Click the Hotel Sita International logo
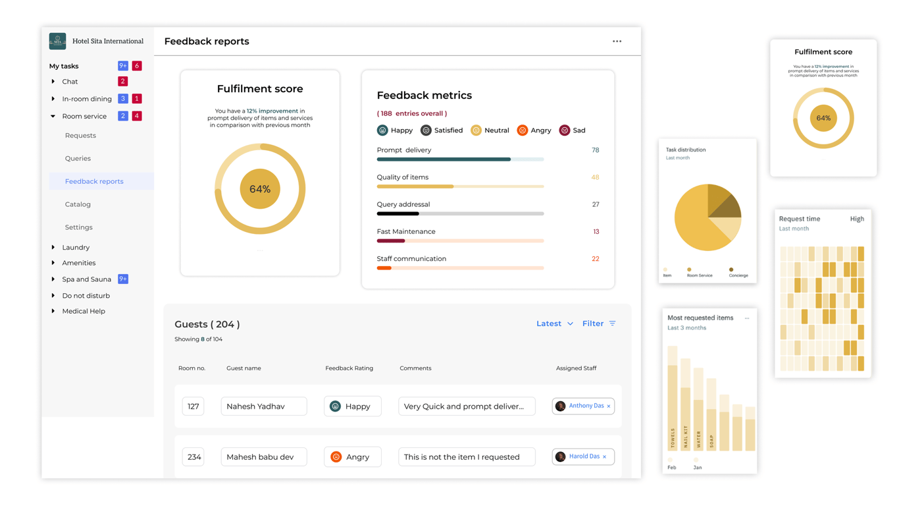57,41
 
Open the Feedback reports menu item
94,181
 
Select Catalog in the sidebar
78,204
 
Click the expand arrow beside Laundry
53,247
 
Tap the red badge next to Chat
122,82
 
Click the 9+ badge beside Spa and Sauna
123,279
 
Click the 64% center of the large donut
260,189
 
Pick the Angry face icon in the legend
523,130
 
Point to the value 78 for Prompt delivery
595,150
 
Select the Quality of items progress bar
460,186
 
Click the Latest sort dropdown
554,323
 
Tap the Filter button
599,323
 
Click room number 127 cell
193,407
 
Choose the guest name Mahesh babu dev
263,457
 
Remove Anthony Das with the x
609,407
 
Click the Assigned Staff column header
576,368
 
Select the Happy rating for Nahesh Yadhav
352,407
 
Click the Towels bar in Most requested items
673,408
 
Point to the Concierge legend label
738,275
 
